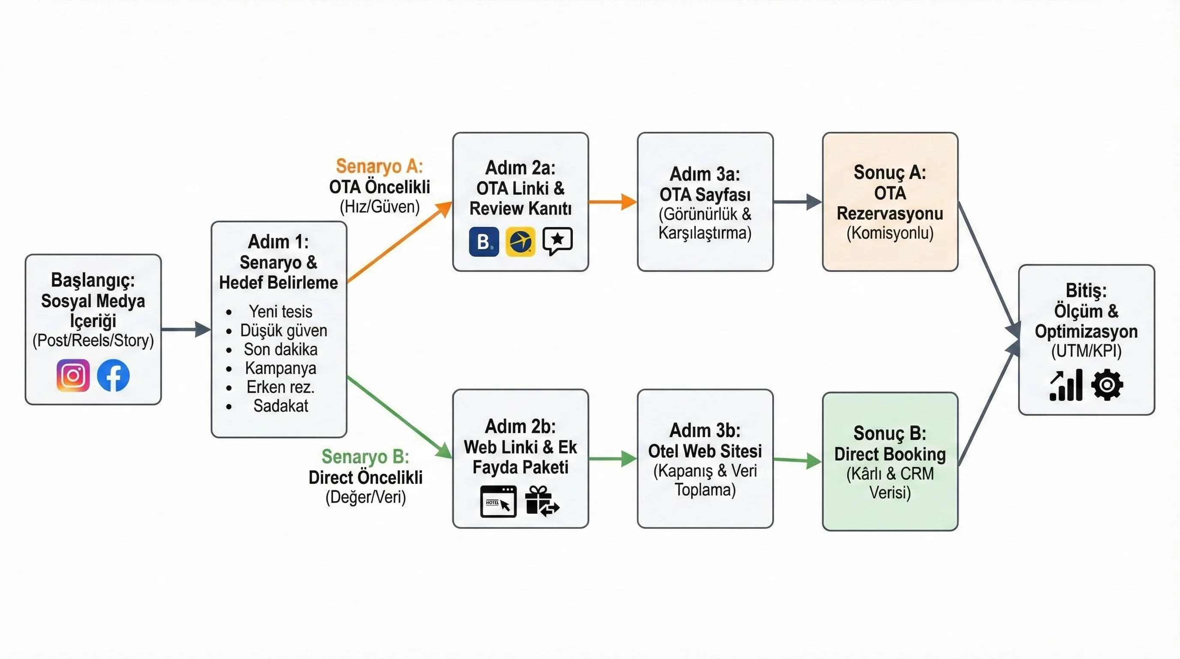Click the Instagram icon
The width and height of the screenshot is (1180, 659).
point(73,375)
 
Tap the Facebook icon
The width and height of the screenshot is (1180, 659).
point(113,375)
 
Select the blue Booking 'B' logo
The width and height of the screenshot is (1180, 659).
point(484,242)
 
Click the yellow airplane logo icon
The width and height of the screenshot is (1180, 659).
point(521,242)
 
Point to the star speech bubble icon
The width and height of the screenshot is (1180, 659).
point(557,240)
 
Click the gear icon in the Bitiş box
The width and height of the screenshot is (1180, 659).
point(1107,384)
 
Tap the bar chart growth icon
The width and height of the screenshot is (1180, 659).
point(1066,385)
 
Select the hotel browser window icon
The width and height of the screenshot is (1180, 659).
point(498,502)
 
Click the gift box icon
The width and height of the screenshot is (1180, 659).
point(542,501)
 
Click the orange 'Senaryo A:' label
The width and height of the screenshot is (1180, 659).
point(379,166)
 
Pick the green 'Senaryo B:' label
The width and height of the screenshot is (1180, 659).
point(365,456)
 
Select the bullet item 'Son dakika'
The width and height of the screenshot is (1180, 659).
point(280,349)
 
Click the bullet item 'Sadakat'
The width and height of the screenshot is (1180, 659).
point(280,405)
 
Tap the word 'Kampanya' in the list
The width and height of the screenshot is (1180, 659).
point(280,368)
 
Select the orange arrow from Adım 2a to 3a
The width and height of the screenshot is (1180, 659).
point(612,201)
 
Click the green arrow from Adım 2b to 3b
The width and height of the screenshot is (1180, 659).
point(612,458)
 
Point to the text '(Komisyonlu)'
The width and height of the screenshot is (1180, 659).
point(890,233)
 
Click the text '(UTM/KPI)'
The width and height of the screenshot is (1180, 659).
point(1086,351)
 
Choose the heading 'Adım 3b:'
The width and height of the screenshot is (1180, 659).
point(705,430)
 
